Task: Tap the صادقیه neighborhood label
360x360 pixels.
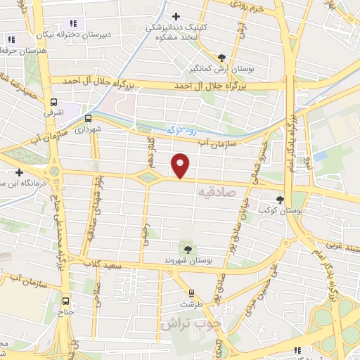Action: coord(215,191)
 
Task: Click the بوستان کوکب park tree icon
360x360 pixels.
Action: coord(282,199)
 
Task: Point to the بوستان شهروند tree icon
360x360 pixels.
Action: coord(188,248)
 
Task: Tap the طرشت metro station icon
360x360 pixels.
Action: coord(191,293)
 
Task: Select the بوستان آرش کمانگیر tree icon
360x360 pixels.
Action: coord(222,57)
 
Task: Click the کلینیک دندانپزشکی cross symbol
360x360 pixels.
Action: coord(176,16)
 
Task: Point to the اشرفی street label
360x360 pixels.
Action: coord(53,112)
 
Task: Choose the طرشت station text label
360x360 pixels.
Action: coord(191,304)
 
